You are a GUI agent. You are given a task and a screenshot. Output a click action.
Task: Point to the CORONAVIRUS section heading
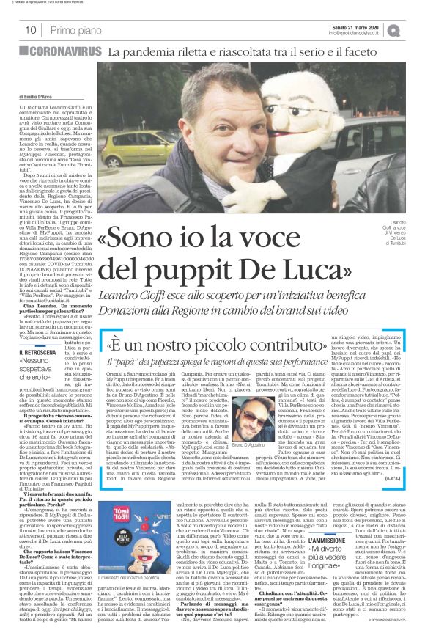(65, 52)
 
